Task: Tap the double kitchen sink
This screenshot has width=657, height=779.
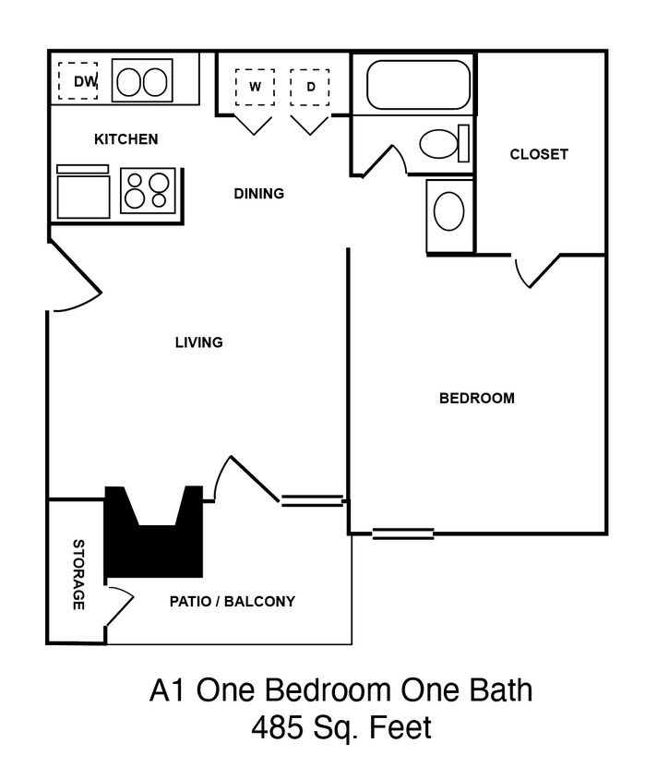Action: point(142,81)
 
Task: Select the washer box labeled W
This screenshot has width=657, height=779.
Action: point(254,88)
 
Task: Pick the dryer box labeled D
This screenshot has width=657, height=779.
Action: point(310,88)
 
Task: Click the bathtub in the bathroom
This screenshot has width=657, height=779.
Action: point(419,85)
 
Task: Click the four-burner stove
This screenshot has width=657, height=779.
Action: point(148,190)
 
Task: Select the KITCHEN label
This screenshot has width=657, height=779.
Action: point(126,139)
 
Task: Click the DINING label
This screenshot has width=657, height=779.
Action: point(258,194)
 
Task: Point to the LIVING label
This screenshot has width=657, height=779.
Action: point(199,342)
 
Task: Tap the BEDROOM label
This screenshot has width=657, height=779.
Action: point(476,399)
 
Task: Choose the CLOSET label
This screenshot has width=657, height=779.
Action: point(539,154)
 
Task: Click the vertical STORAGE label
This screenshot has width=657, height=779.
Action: point(79,574)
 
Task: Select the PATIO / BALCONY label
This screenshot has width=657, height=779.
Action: point(232,602)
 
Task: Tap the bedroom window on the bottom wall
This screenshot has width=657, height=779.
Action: point(403,533)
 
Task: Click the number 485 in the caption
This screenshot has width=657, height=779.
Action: point(278,729)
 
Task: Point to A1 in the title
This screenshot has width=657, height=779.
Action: point(168,690)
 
